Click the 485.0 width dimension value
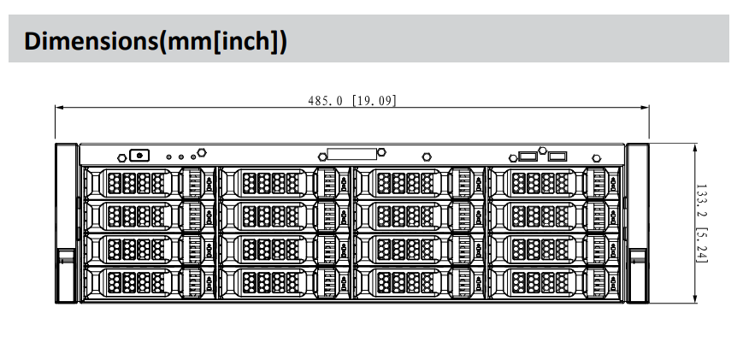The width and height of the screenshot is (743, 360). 325,100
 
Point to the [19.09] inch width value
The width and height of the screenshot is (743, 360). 374,100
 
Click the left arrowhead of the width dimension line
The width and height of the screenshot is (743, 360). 59,108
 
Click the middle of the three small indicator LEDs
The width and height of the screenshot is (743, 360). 180,156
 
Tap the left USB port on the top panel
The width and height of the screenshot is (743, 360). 528,156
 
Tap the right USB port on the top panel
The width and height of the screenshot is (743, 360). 557,156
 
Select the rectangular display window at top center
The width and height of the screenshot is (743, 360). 351,155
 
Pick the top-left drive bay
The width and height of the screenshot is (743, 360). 149,182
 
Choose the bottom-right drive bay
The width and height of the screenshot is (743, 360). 552,281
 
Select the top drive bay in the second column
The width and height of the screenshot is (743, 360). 284,182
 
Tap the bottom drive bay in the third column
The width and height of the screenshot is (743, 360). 418,281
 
